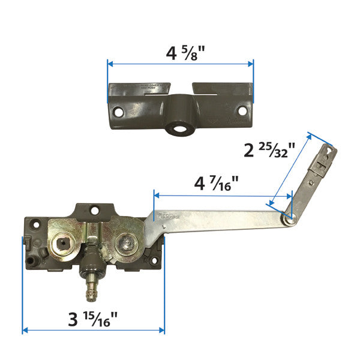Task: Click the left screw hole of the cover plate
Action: (x=119, y=112)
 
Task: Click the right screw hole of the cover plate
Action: (x=242, y=111)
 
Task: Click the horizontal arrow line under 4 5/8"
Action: (x=181, y=63)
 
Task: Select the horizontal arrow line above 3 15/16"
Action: (x=93, y=329)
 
